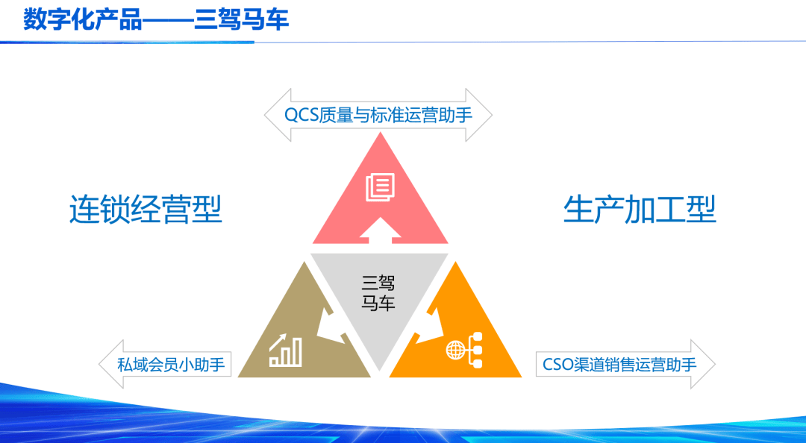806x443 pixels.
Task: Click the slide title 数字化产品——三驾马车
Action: pyautogui.click(x=156, y=20)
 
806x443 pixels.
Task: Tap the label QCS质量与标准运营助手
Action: pyautogui.click(x=378, y=115)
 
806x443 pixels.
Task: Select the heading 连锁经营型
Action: pyautogui.click(x=146, y=209)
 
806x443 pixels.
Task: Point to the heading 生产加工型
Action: pyautogui.click(x=640, y=209)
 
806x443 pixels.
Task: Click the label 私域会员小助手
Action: pyautogui.click(x=171, y=365)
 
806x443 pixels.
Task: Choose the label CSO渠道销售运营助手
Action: pyautogui.click(x=619, y=365)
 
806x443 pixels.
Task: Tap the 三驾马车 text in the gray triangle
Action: pyautogui.click(x=378, y=293)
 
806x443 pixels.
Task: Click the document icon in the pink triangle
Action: pyautogui.click(x=381, y=187)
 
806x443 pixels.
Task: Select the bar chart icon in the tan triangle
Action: pyautogui.click(x=285, y=351)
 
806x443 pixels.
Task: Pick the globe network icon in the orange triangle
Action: pyautogui.click(x=464, y=350)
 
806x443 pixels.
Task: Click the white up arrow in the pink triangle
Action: pyautogui.click(x=381, y=230)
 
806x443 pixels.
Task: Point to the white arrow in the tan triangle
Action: pyautogui.click(x=331, y=327)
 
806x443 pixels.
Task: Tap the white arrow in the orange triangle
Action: pyautogui.click(x=429, y=327)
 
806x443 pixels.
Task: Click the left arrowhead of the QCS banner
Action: pyautogui.click(x=278, y=115)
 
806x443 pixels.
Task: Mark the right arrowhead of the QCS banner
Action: pyautogui.click(x=479, y=115)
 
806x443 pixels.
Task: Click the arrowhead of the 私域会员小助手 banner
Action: pyautogui.click(x=111, y=365)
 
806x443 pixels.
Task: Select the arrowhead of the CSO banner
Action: pyautogui.click(x=703, y=365)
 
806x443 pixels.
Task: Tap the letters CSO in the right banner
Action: pyautogui.click(x=558, y=365)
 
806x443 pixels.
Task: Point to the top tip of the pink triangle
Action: pyautogui.click(x=381, y=132)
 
